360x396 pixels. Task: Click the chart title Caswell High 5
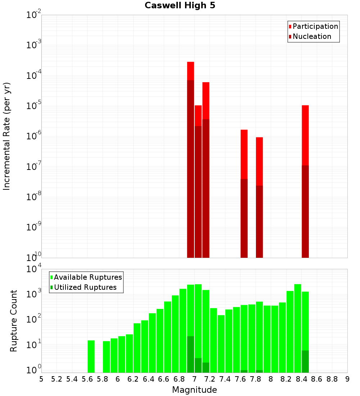(180, 6)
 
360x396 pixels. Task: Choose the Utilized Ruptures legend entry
(85, 287)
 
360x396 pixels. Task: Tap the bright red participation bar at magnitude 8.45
(305, 135)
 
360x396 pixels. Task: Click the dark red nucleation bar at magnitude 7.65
(244, 218)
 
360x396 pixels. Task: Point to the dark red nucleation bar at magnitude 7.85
(259, 221)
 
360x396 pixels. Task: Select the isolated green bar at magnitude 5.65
(91, 356)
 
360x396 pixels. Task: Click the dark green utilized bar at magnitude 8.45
(305, 361)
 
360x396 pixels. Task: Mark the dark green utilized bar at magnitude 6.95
(190, 354)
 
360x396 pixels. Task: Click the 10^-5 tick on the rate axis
(33, 106)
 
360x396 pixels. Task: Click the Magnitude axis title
(194, 390)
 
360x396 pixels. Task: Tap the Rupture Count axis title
(14, 320)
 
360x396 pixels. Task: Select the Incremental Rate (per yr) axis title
(7, 136)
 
